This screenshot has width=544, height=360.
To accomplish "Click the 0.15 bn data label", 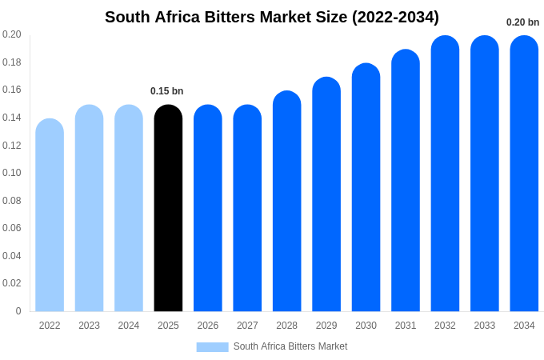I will pyautogui.click(x=167, y=91).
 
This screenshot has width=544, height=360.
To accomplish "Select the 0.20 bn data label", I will pyautogui.click(x=522, y=22).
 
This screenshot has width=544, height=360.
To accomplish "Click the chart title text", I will pyautogui.click(x=272, y=17).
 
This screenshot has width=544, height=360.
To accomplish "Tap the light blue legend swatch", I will pyautogui.click(x=212, y=347).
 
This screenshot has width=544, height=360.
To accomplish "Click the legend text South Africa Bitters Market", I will pyautogui.click(x=290, y=346).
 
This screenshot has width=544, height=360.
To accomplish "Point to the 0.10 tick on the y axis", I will pyautogui.click(x=12, y=173).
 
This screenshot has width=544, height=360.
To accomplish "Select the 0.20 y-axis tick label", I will pyautogui.click(x=12, y=34).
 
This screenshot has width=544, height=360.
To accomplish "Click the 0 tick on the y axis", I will pyautogui.click(x=18, y=311).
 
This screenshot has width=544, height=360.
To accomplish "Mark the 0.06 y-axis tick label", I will pyautogui.click(x=12, y=228).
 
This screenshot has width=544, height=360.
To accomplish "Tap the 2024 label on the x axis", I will pyautogui.click(x=129, y=326).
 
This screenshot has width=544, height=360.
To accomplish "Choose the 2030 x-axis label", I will pyautogui.click(x=366, y=326).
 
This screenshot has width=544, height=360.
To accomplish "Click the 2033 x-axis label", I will pyautogui.click(x=485, y=326).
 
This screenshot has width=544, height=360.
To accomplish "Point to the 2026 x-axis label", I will pyautogui.click(x=208, y=326).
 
